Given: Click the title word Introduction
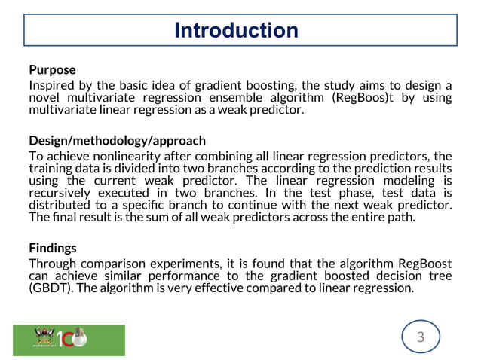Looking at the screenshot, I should [236, 31].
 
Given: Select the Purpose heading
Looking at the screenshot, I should [52, 70].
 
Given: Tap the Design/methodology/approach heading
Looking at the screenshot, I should [117, 141].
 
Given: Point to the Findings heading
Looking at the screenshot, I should [53, 247].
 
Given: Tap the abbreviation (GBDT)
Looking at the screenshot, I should [49, 288].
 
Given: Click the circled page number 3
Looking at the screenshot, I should [421, 337].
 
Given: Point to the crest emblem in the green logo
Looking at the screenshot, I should [39, 337].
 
